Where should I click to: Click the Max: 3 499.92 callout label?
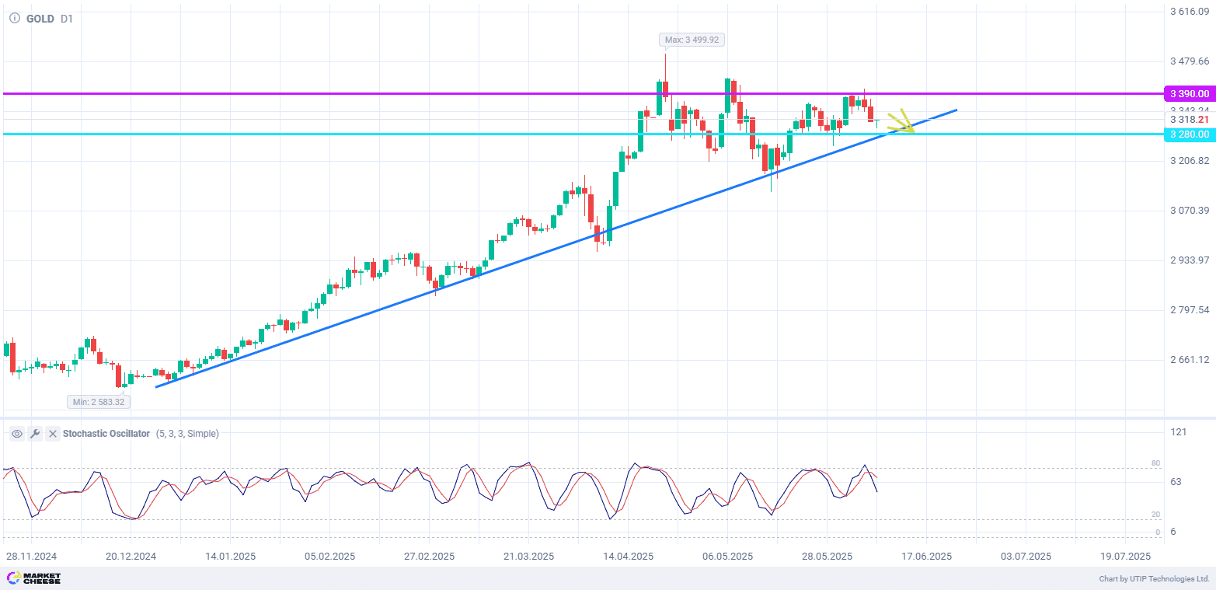pos(692,40)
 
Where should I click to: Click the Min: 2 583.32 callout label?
pos(98,402)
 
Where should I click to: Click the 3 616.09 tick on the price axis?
pos(1190,12)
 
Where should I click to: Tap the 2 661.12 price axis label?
pos(1190,359)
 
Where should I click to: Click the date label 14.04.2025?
pos(628,557)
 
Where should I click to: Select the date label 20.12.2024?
pos(131,557)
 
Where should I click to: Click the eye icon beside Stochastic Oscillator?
pos(17,434)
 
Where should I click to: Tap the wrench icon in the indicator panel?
pos(35,434)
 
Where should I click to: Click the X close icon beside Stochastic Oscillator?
pos(53,434)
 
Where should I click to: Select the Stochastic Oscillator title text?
pos(106,434)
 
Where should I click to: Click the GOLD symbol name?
pos(40,19)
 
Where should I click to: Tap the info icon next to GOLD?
pos(15,19)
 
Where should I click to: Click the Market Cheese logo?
pos(33,578)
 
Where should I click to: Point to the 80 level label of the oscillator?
pos(1155,463)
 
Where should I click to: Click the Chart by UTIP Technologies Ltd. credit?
pos(1154,579)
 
